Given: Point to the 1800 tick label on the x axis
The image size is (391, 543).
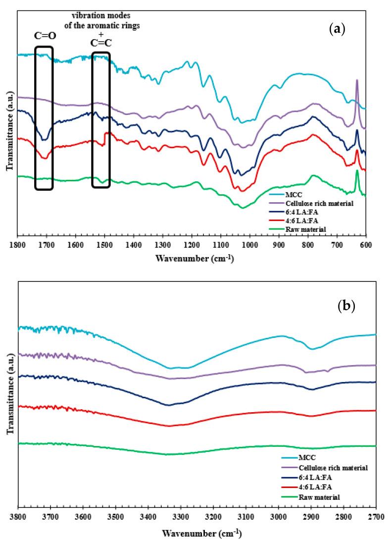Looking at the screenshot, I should point(18,245).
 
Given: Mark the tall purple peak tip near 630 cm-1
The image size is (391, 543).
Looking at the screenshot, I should point(357,80).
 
